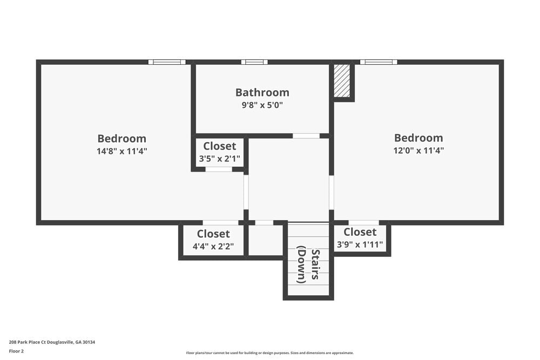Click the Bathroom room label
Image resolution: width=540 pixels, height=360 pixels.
click(262, 92)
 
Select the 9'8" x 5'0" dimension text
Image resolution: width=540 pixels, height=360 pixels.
click(262, 105)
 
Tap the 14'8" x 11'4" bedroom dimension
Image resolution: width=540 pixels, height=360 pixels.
click(122, 151)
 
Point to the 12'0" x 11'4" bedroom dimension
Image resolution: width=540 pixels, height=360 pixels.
click(418, 151)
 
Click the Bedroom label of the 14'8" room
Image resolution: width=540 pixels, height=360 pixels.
click(122, 139)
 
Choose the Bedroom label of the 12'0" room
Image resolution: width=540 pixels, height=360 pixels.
click(418, 138)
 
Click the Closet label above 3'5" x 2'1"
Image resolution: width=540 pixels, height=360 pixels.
click(219, 146)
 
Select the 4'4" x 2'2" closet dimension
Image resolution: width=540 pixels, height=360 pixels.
click(213, 247)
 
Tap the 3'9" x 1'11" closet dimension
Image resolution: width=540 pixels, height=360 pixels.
click(360, 244)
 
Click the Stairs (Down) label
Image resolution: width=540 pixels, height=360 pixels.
click(308, 266)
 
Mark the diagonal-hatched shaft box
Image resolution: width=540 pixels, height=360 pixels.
click(342, 81)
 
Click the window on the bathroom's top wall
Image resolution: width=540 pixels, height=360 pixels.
click(254, 62)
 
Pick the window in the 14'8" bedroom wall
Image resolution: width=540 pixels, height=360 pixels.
click(167, 62)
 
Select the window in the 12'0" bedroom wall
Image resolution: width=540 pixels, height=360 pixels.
click(379, 62)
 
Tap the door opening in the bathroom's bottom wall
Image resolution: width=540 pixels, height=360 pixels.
click(306, 135)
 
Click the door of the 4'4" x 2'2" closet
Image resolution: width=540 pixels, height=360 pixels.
click(220, 222)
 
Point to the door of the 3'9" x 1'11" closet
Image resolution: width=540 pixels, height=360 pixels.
click(363, 222)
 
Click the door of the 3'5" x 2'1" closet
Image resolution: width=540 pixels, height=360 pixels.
click(219, 169)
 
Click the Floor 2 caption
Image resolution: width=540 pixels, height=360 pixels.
click(16, 351)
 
